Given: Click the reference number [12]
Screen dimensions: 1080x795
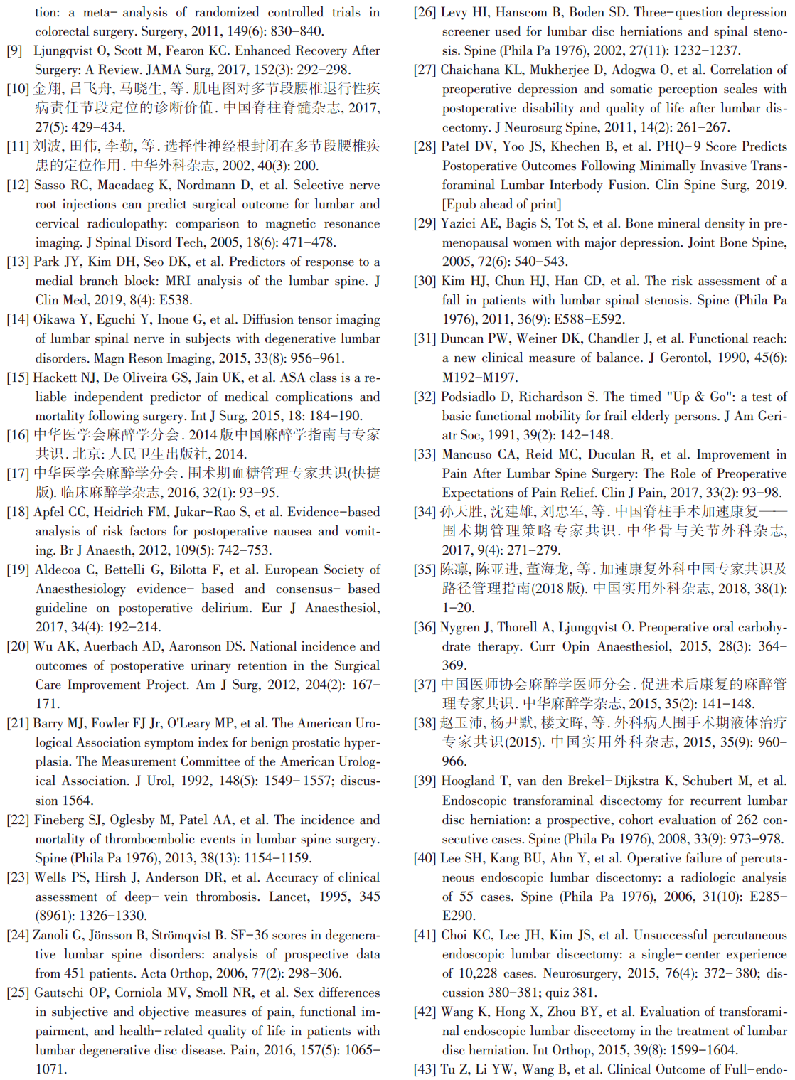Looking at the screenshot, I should coord(18,185).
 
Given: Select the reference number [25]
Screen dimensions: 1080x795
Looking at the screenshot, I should coord(18,993).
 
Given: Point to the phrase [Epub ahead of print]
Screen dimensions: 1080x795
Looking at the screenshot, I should coord(501,204).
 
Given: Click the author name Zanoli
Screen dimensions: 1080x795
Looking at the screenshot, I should coord(52,935).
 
